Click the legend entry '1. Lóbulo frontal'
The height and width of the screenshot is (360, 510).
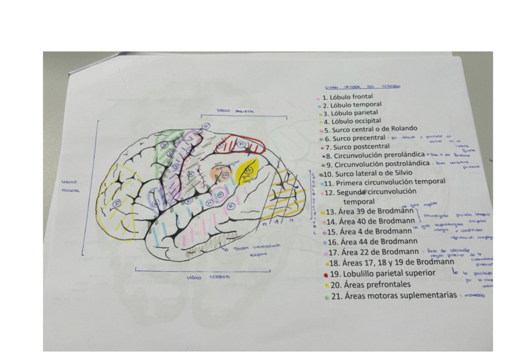tap(348, 96)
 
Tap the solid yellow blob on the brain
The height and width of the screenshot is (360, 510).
tap(247, 171)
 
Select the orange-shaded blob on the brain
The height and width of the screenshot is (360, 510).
tap(220, 174)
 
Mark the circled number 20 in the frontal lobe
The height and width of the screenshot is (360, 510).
tap(119, 202)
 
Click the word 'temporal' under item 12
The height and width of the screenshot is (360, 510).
tap(358, 202)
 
